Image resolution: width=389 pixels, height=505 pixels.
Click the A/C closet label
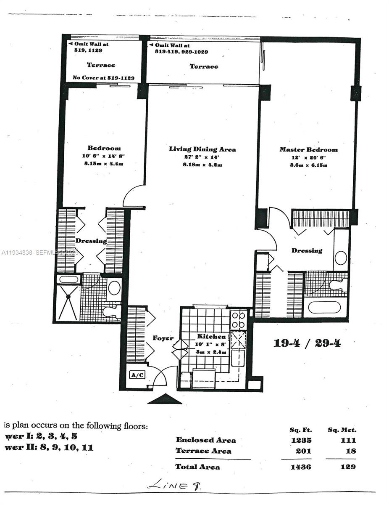tap(137, 375)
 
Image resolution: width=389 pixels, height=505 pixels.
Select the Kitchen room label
tap(212, 337)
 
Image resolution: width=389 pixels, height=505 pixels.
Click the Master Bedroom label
tap(308, 150)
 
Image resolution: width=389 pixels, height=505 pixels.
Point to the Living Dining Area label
tap(202, 149)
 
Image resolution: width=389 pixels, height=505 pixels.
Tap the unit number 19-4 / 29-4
tap(307, 343)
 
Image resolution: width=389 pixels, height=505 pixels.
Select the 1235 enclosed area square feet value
tap(300, 440)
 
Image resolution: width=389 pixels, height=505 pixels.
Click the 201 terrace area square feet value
tap(302, 451)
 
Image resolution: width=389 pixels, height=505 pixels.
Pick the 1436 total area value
tap(300, 467)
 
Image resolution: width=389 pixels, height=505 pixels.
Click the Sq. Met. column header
tap(342, 430)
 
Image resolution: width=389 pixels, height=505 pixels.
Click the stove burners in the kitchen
tap(238, 320)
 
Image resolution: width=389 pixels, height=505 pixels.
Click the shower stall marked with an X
tap(68, 303)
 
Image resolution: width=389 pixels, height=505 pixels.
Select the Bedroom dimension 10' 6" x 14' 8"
tap(104, 156)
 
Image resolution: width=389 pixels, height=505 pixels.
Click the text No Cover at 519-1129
tap(103, 78)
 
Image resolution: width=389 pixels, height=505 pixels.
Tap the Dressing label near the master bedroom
tap(307, 251)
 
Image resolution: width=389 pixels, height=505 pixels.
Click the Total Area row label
tap(197, 467)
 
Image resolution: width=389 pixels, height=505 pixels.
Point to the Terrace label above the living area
tap(204, 66)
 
